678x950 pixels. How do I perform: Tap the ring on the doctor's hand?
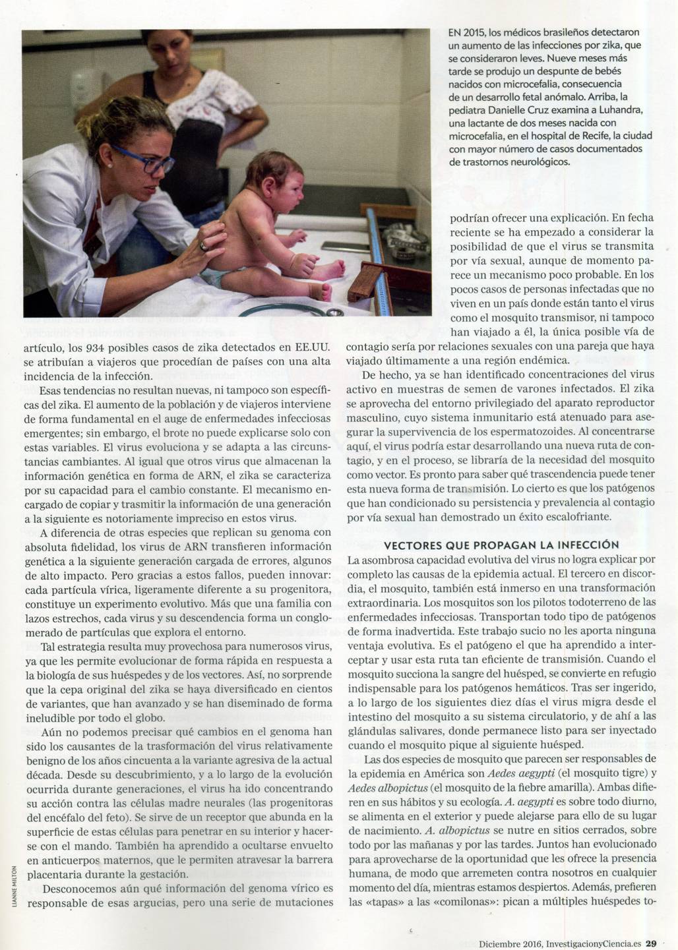click(x=204, y=246)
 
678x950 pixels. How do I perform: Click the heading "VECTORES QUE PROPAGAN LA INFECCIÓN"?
click(x=501, y=545)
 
